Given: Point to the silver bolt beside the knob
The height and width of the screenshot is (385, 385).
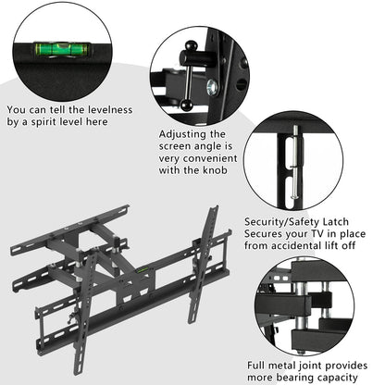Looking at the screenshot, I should coord(212,88).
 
